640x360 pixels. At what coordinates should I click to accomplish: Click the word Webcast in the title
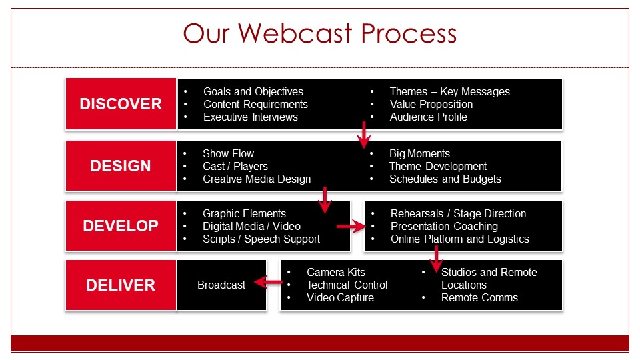(295, 33)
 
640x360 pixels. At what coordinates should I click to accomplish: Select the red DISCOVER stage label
(121, 104)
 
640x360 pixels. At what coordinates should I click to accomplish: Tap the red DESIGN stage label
(121, 166)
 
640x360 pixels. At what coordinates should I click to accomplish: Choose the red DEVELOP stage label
(121, 226)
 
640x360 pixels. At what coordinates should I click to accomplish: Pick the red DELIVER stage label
(121, 285)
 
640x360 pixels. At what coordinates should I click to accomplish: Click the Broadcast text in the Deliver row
(221, 285)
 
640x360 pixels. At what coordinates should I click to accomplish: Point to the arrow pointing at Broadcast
(268, 282)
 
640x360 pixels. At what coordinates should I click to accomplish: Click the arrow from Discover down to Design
(364, 135)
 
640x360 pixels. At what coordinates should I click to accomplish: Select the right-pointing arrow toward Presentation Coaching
(351, 226)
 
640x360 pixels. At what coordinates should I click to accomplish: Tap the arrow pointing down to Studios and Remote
(436, 259)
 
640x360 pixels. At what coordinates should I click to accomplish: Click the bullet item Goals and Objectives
(253, 91)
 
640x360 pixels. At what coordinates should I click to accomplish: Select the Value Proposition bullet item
(431, 104)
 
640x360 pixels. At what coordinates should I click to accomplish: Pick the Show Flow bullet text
(228, 153)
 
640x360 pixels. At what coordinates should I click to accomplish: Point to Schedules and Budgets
(445, 179)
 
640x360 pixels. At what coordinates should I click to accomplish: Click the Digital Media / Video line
(251, 226)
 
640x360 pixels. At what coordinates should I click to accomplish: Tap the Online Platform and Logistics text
(459, 239)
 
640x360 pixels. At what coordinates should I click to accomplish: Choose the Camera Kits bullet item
(336, 272)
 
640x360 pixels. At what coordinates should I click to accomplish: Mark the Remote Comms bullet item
(479, 297)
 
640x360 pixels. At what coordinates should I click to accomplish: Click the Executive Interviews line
(251, 117)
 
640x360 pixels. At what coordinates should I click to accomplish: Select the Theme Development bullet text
(438, 166)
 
